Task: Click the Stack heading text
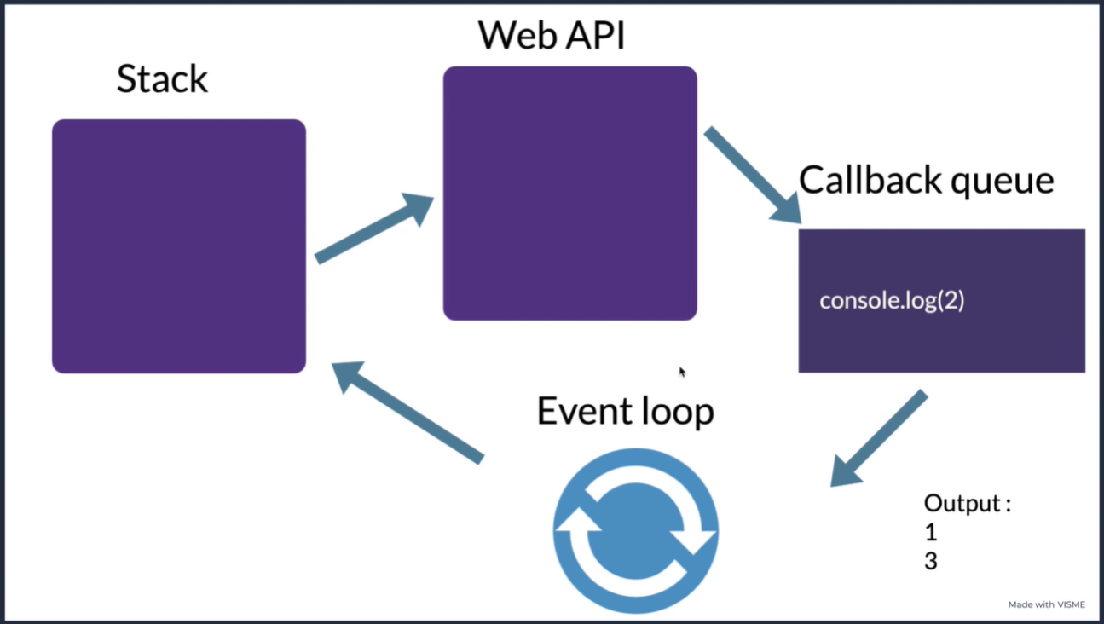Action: [x=162, y=79]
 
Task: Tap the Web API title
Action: [x=551, y=35]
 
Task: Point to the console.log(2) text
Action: [x=892, y=301]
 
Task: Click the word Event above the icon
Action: [x=581, y=411]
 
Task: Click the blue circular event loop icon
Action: [x=635, y=530]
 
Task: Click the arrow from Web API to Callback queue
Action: [x=751, y=175]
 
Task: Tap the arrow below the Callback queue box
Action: [x=878, y=438]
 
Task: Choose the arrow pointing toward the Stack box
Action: [x=407, y=412]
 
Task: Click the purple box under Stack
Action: [x=179, y=246]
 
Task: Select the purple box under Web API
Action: [x=569, y=194]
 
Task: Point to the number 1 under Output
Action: [x=930, y=533]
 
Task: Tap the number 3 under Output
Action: [x=931, y=561]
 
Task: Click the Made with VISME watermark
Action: [x=1047, y=604]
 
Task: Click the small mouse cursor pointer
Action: [x=682, y=372]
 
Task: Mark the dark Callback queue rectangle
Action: [x=941, y=341]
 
